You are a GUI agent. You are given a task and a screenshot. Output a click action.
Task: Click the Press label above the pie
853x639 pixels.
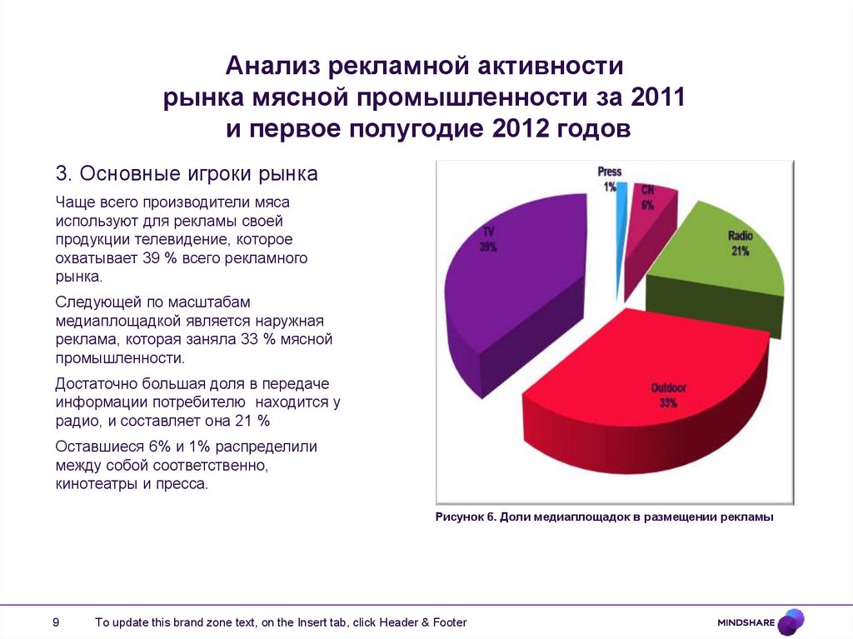click(x=610, y=172)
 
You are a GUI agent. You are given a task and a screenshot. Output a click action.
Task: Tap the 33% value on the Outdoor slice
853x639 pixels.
click(x=667, y=403)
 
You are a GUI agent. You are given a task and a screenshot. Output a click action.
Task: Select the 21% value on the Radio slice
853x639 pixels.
click(x=741, y=251)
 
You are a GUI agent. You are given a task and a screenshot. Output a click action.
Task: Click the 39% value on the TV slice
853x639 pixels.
click(x=488, y=247)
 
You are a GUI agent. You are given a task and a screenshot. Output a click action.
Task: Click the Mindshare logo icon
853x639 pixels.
click(x=791, y=622)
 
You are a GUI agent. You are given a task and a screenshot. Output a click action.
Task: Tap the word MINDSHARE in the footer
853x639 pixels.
click(x=746, y=622)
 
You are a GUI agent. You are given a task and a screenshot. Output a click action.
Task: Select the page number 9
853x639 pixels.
click(x=56, y=622)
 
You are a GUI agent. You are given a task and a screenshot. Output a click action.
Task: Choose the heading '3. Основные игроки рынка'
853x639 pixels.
click(x=187, y=174)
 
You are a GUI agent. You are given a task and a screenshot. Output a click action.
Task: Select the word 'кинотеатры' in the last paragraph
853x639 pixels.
click(x=94, y=483)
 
